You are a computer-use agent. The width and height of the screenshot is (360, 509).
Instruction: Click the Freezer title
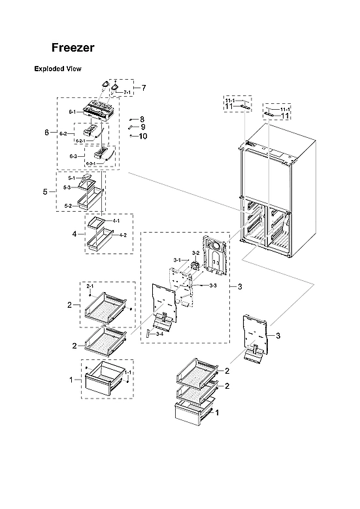coord(73,48)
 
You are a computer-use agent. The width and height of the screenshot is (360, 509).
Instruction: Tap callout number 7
coord(143,88)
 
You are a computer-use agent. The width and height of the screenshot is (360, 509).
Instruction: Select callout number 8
coord(142,118)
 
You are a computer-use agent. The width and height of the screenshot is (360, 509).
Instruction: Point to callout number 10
coord(143,136)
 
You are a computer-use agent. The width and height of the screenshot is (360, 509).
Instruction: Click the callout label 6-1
coord(73,112)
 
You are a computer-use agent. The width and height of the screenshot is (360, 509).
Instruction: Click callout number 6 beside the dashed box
coord(46,133)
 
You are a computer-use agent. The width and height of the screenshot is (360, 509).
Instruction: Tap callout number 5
coord(45,191)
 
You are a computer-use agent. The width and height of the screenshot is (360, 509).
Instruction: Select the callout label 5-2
coord(68,206)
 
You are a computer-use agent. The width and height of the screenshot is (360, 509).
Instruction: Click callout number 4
coord(73,233)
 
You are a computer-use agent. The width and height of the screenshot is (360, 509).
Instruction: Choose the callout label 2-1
coord(90,287)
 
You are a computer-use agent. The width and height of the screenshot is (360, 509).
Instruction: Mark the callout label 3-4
coord(159,334)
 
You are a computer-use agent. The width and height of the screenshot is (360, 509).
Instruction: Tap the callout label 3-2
coord(195,253)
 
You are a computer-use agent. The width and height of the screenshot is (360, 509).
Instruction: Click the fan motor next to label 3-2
coord(194,266)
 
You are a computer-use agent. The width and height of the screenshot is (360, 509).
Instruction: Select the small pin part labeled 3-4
coord(149,334)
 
